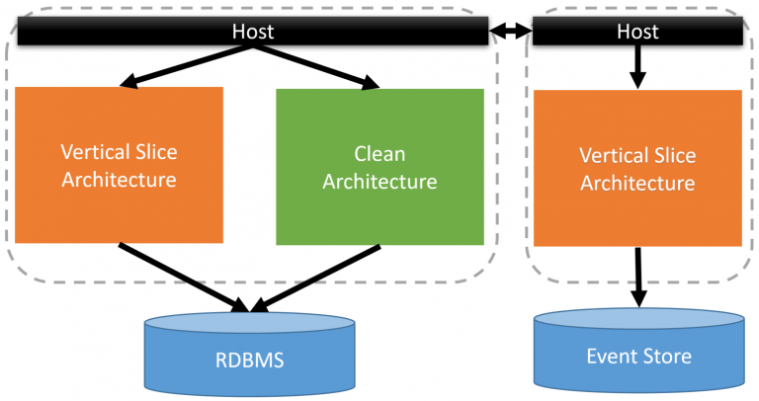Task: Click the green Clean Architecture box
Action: coord(379,166)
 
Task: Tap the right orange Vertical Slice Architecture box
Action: coord(637,168)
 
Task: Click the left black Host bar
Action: coord(252,33)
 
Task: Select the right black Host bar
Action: coord(637,33)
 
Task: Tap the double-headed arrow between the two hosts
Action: coord(511,33)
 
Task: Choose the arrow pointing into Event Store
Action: coord(639,277)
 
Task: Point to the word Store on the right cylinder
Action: coord(666,356)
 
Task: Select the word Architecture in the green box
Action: coord(379,181)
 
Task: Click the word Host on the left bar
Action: coord(252,32)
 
